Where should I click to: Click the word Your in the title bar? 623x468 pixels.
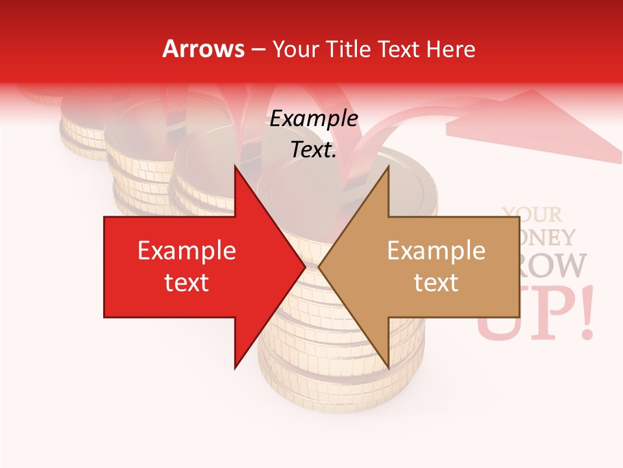(295, 49)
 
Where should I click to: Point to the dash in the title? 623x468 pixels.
(258, 49)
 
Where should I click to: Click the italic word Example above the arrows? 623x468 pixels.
(313, 119)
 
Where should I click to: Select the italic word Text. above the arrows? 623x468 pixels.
(313, 150)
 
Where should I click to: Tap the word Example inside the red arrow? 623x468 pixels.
(187, 251)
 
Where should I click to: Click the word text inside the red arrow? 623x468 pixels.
(187, 283)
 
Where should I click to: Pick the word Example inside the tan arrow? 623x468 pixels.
(436, 251)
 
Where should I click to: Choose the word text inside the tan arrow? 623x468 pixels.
(436, 283)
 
